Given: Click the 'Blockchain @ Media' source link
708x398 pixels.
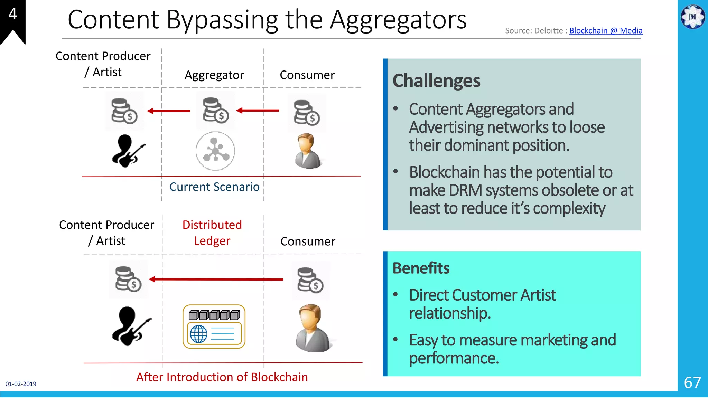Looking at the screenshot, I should click(x=606, y=31).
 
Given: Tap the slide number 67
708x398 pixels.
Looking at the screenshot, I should click(x=692, y=382).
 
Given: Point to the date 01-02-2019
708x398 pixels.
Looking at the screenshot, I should click(x=21, y=384).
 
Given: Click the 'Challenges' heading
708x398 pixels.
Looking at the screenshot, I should click(x=436, y=81).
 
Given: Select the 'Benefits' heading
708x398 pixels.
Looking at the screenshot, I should click(x=421, y=268).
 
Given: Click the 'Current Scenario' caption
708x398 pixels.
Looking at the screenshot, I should click(x=214, y=187).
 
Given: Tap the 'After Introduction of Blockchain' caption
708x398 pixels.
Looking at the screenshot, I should click(x=222, y=377).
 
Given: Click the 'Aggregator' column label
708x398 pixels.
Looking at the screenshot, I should click(x=214, y=75).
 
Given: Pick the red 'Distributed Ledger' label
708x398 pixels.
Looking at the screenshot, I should click(x=212, y=233).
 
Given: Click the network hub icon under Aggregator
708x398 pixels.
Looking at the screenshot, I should click(x=215, y=151).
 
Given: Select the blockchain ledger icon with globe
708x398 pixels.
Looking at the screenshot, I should click(x=214, y=326).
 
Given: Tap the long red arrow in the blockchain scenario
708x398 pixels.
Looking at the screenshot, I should click(x=216, y=279).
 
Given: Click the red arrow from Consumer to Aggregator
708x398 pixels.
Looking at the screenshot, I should click(x=258, y=111).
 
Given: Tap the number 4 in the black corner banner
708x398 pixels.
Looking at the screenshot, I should click(x=13, y=14).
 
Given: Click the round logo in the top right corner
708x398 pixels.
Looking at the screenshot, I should click(x=693, y=17).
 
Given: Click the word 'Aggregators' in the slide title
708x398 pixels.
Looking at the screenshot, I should click(x=398, y=20).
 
